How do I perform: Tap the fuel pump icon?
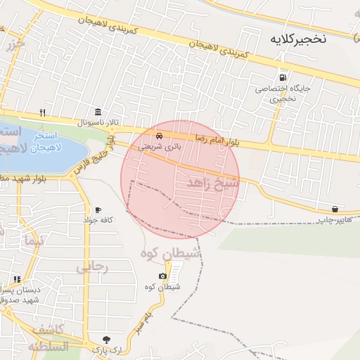(282, 77)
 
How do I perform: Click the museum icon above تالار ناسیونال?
(97, 112)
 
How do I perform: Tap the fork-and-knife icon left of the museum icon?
(43, 112)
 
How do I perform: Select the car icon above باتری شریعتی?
(160, 136)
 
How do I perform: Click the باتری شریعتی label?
(159, 147)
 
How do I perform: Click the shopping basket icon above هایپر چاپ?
(335, 209)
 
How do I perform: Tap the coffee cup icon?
(97, 210)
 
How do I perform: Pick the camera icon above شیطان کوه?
(163, 276)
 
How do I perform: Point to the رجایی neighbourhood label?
(92, 267)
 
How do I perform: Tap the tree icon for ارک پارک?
(106, 339)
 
